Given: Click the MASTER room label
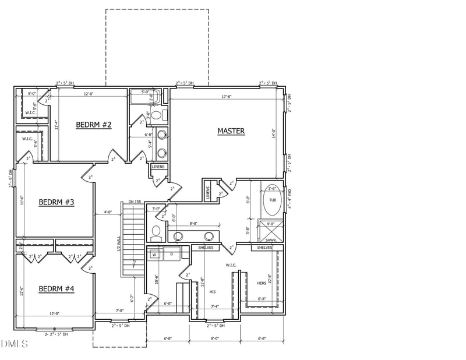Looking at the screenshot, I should [x=231, y=132].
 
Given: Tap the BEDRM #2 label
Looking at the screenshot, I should [x=93, y=125].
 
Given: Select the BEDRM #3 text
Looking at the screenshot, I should [x=56, y=202].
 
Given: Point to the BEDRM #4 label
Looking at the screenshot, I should [x=56, y=289].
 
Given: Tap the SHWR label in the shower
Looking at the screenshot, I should [x=270, y=239].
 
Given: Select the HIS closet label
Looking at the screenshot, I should [x=213, y=291].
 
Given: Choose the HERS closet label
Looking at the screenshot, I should [x=262, y=283].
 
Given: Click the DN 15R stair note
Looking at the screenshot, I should [x=134, y=202].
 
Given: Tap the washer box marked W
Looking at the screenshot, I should [x=155, y=255].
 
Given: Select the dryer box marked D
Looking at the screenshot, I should [x=171, y=255].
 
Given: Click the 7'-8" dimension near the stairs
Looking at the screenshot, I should [x=119, y=310].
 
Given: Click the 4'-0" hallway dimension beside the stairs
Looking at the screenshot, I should [x=108, y=212].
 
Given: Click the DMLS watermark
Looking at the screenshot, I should [x=15, y=344].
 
